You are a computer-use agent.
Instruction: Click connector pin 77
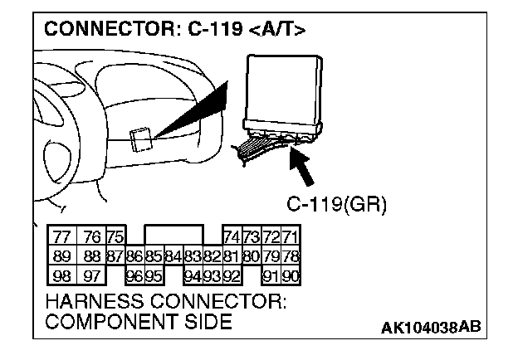click(61, 236)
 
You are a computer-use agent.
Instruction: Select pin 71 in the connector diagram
click(290, 236)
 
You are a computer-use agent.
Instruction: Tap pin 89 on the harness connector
click(61, 255)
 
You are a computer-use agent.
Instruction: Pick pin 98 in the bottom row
click(61, 275)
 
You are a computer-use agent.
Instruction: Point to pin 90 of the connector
click(290, 275)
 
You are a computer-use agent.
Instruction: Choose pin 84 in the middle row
click(172, 255)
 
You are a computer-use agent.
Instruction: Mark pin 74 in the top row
click(232, 236)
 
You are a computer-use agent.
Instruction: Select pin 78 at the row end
click(290, 255)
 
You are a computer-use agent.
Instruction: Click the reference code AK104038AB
click(430, 327)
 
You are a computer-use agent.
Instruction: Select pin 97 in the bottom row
click(93, 275)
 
